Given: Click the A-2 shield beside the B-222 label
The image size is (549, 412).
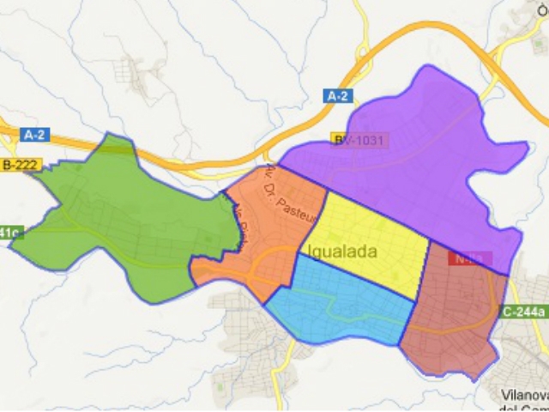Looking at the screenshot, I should tap(36, 135).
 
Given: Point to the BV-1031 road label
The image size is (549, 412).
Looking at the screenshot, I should tap(360, 140).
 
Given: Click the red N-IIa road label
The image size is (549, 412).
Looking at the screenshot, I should tap(473, 257).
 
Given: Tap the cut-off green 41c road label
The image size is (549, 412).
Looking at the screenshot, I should tap(9, 232).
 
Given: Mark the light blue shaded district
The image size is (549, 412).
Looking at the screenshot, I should tap(343, 305).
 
